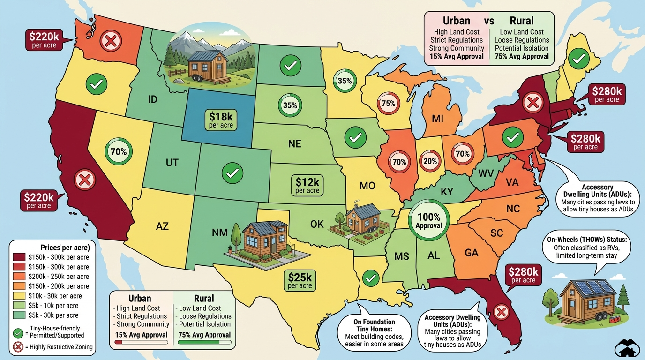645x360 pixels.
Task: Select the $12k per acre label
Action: pos(307,185)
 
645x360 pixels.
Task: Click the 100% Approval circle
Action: pos(429,221)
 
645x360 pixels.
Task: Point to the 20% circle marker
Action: pos(430,161)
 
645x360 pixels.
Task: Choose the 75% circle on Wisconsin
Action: pos(389,103)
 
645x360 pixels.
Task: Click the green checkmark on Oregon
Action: pos(97,84)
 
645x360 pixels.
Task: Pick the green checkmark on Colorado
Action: pos(232,173)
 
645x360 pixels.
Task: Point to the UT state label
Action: pos(172,163)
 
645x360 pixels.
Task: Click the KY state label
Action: pos(447,192)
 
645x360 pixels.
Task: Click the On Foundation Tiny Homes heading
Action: pos(374,326)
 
